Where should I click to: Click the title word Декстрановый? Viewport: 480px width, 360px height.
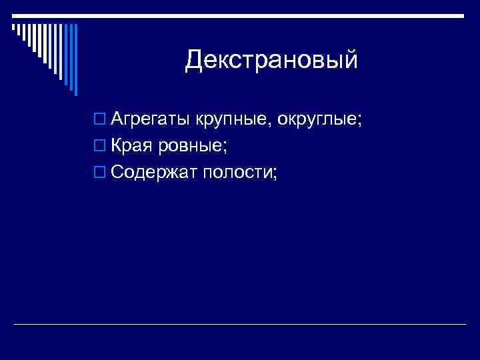pos(272,60)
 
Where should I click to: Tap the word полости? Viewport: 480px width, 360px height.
pos(237,172)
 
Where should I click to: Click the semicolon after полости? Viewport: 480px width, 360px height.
pos(274,175)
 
